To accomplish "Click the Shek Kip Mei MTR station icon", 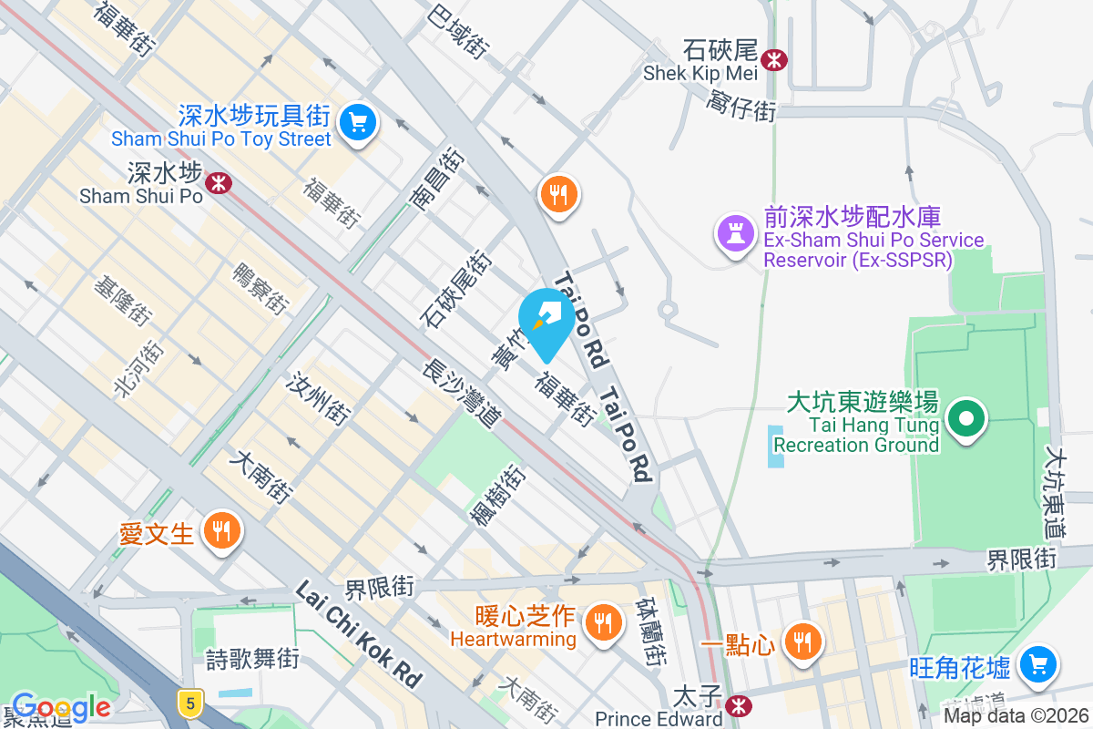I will point(775,60).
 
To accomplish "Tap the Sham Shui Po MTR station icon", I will point(218,183).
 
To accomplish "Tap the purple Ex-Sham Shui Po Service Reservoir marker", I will point(737,234).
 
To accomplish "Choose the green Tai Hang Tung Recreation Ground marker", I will point(967,420).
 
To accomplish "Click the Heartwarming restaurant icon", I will point(601,623).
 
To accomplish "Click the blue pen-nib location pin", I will point(546,320).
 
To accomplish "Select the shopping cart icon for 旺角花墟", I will point(1038,665).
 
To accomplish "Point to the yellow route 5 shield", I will point(189,702).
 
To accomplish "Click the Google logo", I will point(60,707).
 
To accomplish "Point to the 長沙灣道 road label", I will point(461,393).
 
